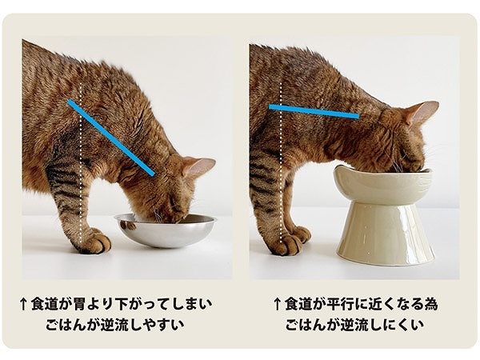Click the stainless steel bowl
pyautogui.click(x=166, y=231)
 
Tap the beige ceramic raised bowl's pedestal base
pyautogui.click(x=385, y=233)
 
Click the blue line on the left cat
pyautogui.click(x=111, y=138)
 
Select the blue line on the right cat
pyautogui.click(x=314, y=111)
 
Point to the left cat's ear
pyautogui.click(x=198, y=166)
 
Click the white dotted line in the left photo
pyautogui.click(x=81, y=162)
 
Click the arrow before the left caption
pyautogui.click(x=23, y=305)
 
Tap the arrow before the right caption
pyautogui.click(x=277, y=304)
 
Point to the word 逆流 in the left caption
pyautogui.click(x=112, y=325)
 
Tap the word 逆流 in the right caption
pyautogui.click(x=352, y=325)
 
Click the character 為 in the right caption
pyautogui.click(x=430, y=304)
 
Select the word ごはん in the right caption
pyautogui.click(x=306, y=325)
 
